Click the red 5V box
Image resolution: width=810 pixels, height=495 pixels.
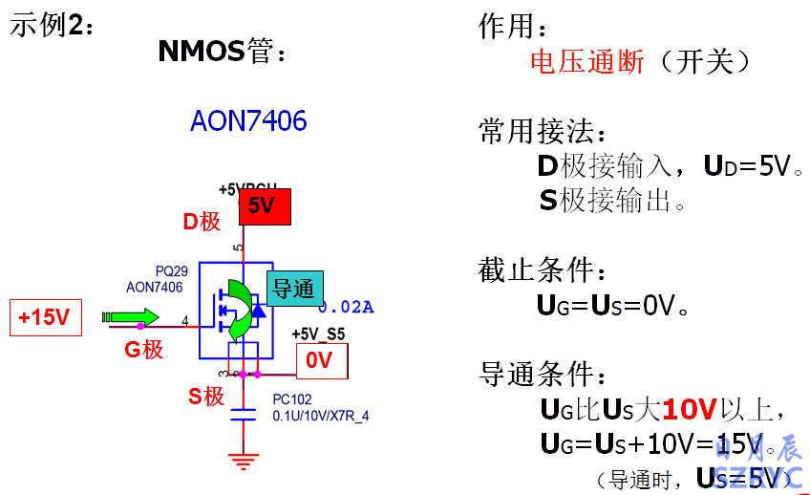263,206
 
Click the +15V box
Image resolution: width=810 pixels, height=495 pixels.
45,317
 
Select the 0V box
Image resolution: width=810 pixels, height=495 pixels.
322,359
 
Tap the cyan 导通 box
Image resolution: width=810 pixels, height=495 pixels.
294,289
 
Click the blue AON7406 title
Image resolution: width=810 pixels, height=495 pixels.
248,121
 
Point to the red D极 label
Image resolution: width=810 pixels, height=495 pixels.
202,222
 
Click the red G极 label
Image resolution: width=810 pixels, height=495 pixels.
144,350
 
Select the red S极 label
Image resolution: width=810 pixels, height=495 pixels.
205,396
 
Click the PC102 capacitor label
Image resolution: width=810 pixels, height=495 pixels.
292,399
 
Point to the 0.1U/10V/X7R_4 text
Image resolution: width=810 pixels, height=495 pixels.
321,416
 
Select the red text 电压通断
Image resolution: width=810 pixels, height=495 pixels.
587,63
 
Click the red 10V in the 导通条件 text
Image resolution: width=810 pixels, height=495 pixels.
689,410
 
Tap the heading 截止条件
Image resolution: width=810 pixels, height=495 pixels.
542,269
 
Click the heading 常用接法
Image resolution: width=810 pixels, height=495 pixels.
542,132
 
